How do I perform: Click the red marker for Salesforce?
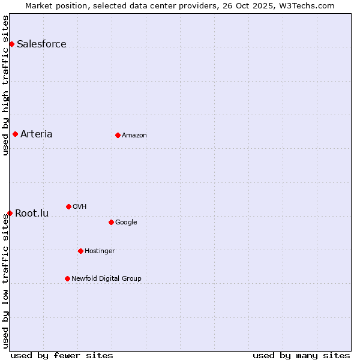point(11,44)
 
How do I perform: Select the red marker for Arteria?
point(15,134)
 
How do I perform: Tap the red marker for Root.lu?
point(10,213)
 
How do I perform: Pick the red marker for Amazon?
point(118,135)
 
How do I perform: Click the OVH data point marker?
point(68,206)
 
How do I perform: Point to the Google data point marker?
point(111,222)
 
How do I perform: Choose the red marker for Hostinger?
point(80,251)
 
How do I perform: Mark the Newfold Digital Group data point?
point(67,278)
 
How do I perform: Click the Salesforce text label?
point(41,44)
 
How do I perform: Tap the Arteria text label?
point(36,134)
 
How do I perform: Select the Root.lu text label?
point(32,213)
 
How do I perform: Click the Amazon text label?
point(134,135)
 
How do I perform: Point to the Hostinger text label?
point(100,251)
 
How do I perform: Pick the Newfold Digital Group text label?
point(106,278)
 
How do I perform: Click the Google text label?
point(126,222)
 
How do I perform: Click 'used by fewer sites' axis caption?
point(62,355)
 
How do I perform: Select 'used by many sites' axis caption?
point(301,355)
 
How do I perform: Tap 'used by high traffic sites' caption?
point(6,85)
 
